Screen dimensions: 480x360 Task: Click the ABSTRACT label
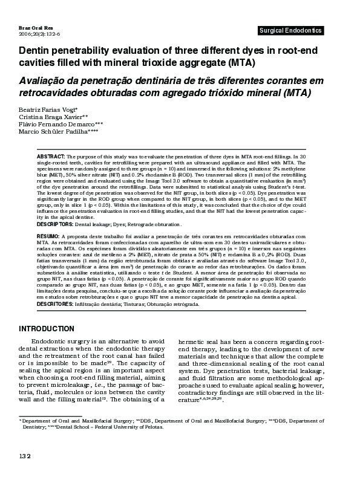click(51, 155)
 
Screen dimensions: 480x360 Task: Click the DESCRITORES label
click(57, 304)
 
